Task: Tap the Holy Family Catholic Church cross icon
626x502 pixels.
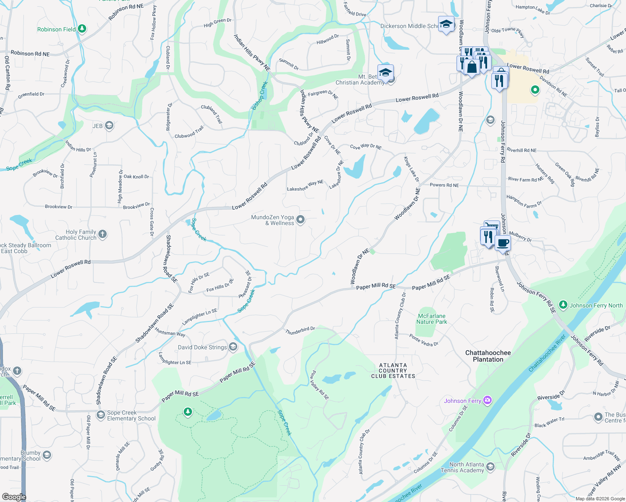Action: tap(103, 234)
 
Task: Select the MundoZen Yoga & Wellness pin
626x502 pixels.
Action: tap(300, 220)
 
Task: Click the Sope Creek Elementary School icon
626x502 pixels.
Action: tap(100, 415)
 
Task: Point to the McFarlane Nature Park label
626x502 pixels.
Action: tap(431, 319)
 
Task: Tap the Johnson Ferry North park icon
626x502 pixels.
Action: tap(563, 305)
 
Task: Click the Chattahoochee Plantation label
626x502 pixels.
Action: tap(488, 356)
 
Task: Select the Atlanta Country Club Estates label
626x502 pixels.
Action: tap(393, 371)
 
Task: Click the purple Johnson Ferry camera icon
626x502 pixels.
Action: tap(487, 400)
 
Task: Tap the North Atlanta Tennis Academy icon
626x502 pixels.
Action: tap(490, 466)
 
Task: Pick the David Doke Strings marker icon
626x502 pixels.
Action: tap(233, 347)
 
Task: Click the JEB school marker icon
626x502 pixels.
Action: tap(109, 125)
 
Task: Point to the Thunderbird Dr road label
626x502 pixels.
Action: tap(300, 330)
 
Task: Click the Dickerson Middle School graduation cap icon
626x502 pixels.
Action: tap(446, 24)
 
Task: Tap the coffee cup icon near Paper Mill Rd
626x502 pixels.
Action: tap(503, 243)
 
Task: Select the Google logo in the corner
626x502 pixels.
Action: tap(14, 497)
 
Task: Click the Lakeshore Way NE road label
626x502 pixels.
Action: tap(305, 186)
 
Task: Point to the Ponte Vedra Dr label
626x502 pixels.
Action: tap(423, 341)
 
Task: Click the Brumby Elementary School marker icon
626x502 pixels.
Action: tap(47, 455)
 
